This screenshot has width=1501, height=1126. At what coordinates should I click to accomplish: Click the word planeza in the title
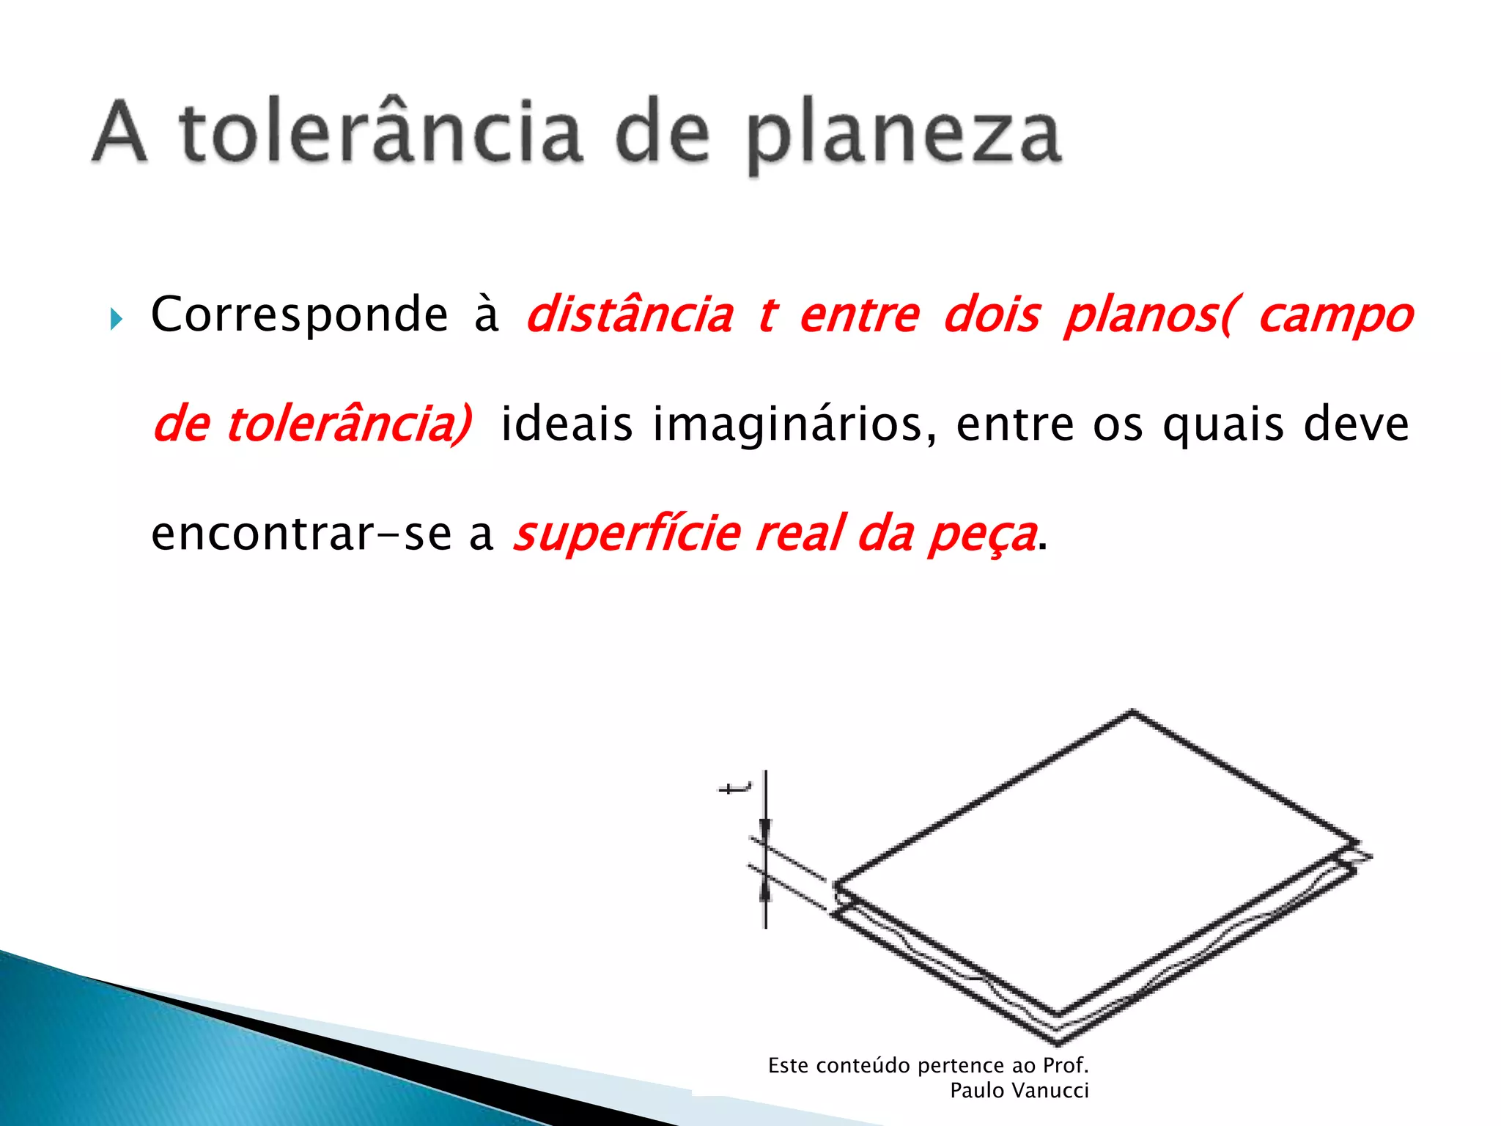(x=903, y=136)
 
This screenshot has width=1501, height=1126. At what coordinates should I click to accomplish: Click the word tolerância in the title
(x=381, y=132)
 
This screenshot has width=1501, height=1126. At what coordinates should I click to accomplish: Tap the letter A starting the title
(x=120, y=132)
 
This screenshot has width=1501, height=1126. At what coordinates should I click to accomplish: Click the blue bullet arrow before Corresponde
(x=116, y=319)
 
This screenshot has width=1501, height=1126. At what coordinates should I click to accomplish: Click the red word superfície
(x=627, y=534)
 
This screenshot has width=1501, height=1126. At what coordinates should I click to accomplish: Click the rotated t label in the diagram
(x=734, y=789)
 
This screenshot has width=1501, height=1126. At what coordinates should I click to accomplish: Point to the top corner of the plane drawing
(x=1132, y=711)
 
